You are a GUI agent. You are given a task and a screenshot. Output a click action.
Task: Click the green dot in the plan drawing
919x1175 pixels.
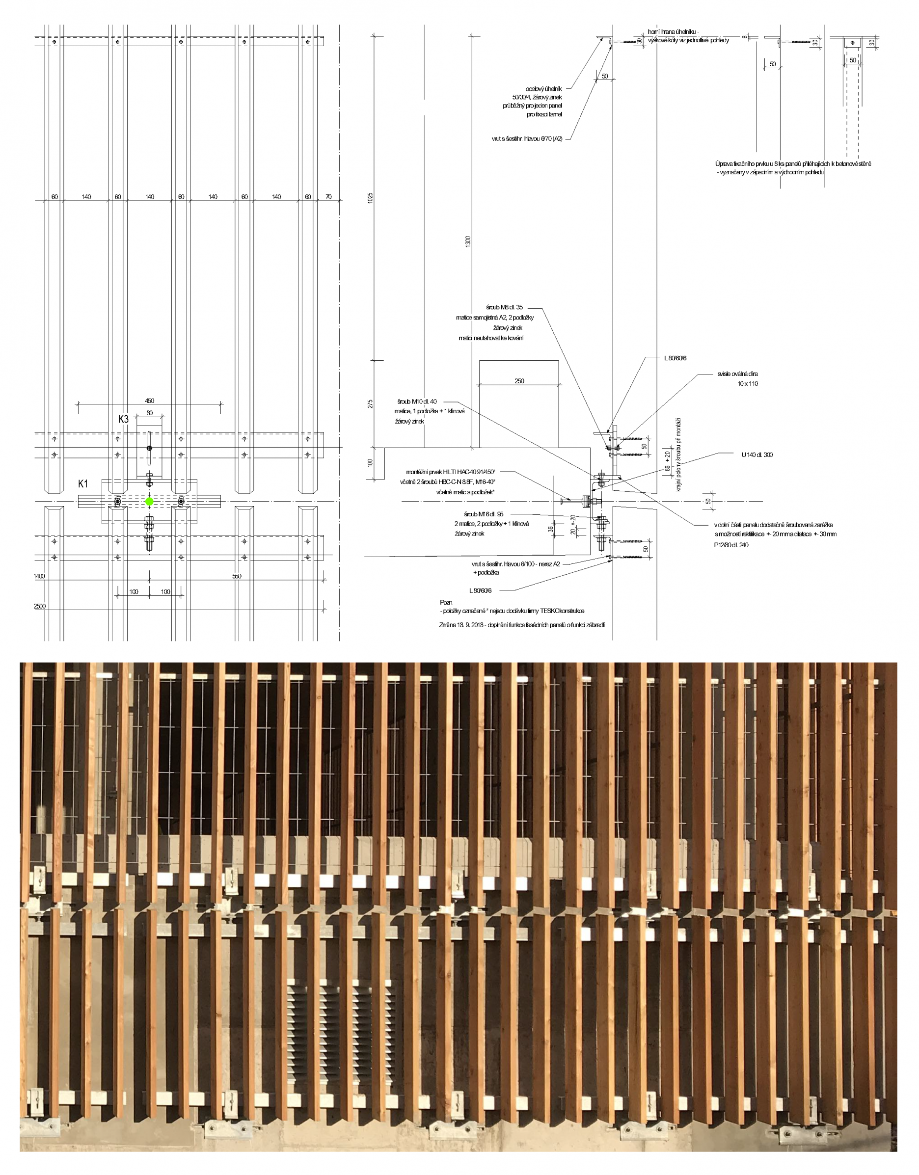tap(150, 502)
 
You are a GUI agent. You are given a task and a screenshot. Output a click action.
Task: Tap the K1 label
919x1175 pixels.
tap(83, 484)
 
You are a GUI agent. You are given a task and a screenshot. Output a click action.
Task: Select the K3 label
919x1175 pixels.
tap(124, 419)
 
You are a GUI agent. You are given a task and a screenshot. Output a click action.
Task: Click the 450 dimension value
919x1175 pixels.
tap(150, 401)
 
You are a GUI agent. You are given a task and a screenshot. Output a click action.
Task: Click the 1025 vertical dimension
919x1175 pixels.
tap(370, 197)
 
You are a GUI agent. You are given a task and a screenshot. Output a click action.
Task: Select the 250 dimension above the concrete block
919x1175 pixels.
tap(519, 381)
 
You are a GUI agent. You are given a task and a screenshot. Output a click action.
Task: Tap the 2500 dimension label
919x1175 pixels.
tap(40, 606)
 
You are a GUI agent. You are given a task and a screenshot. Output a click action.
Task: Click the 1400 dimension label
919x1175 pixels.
tap(39, 576)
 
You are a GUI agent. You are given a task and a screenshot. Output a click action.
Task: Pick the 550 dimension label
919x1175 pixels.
tap(237, 576)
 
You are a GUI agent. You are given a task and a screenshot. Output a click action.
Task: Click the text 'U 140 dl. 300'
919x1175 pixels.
tap(757, 454)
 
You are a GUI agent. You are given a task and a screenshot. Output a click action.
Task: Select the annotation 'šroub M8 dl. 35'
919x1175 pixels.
tap(504, 308)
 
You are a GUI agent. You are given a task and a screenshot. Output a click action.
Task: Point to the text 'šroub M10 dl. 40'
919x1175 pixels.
tap(417, 402)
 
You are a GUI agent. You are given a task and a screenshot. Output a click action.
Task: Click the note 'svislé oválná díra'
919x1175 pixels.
tap(738, 374)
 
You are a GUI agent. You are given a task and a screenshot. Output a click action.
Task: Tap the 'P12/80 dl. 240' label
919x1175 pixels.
tap(728, 545)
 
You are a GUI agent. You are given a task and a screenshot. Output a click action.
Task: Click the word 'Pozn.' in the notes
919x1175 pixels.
tap(447, 602)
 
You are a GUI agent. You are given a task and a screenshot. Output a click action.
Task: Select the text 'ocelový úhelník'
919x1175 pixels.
tap(544, 89)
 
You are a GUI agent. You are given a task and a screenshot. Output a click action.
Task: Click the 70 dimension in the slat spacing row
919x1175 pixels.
tap(328, 197)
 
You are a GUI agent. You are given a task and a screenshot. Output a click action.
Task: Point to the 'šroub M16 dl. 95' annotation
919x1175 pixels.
tap(484, 514)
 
